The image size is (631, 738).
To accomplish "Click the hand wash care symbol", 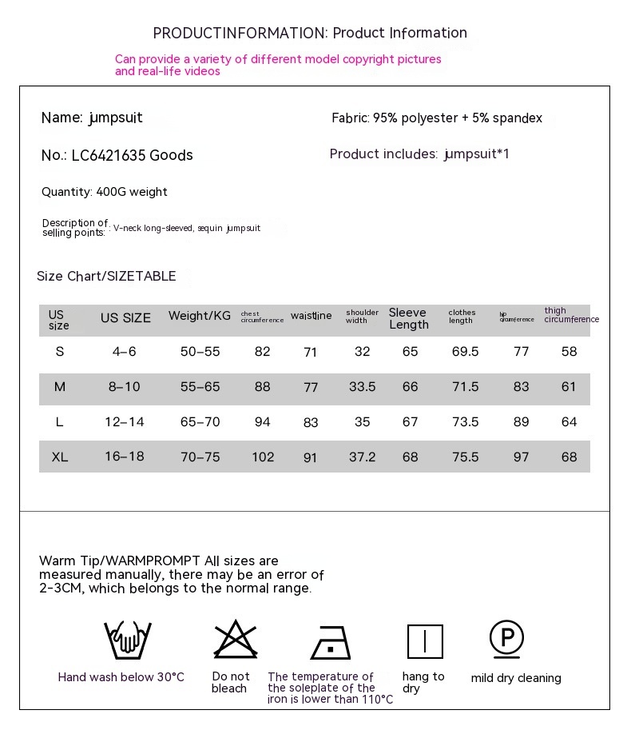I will (x=128, y=640).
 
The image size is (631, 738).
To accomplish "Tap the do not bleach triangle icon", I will (x=236, y=640).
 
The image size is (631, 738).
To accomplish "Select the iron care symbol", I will (x=331, y=641).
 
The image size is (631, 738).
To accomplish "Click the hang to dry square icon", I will (x=425, y=641).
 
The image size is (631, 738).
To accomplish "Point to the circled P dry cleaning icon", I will (x=506, y=639).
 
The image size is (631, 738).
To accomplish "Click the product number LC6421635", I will (x=109, y=155).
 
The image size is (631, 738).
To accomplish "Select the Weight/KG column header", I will (x=199, y=316).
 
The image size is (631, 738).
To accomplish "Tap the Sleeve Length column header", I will (x=409, y=318).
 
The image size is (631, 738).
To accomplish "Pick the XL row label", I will (x=60, y=457).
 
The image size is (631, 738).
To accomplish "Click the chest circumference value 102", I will (x=263, y=457).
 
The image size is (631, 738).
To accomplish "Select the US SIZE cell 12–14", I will (x=125, y=421).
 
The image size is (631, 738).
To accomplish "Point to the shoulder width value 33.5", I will (x=362, y=386).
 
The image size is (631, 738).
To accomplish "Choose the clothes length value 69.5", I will (x=465, y=351).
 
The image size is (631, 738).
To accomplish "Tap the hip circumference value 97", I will (x=521, y=457).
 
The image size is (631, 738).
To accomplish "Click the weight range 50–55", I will (x=200, y=351).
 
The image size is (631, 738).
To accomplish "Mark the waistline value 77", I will (x=311, y=387).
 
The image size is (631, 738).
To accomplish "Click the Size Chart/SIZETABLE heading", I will (x=106, y=276).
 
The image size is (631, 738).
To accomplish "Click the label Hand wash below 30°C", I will (x=121, y=677).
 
